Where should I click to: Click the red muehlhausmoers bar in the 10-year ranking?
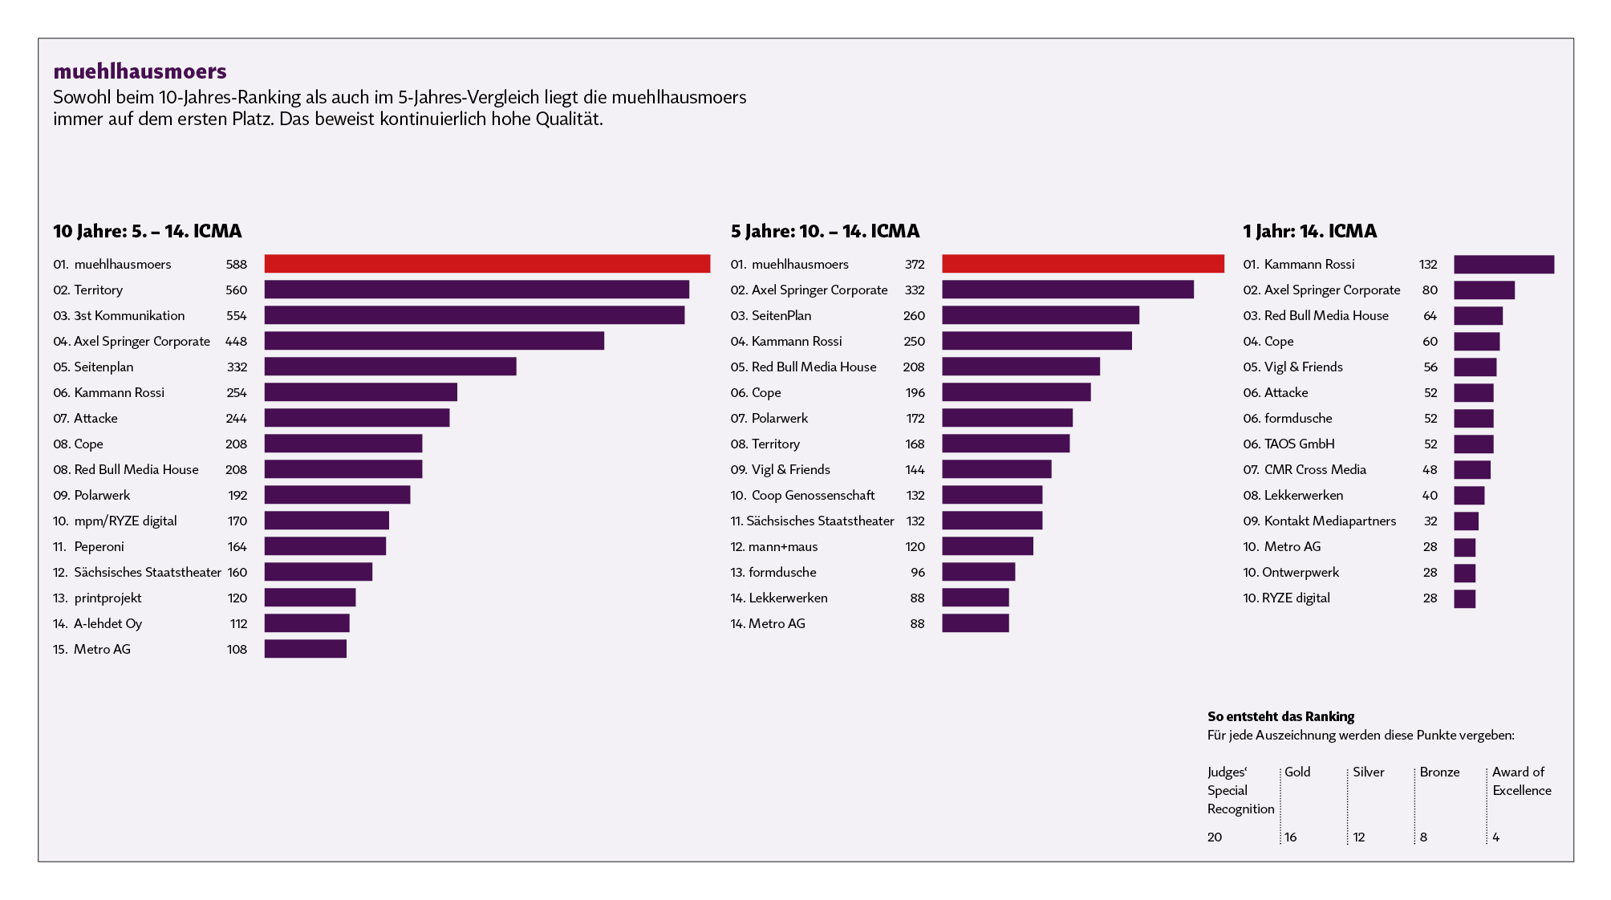pyautogui.click(x=487, y=264)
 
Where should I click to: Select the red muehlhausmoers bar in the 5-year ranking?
pyautogui.click(x=1083, y=264)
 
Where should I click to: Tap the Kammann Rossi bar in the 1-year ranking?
pyautogui.click(x=1503, y=264)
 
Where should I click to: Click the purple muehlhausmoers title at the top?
pyautogui.click(x=140, y=71)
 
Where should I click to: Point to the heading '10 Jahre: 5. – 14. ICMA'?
pyautogui.click(x=148, y=231)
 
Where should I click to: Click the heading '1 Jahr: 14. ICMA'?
pyautogui.click(x=1309, y=231)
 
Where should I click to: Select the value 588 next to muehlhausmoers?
pyautogui.click(x=237, y=264)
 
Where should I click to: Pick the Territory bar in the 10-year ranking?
pyautogui.click(x=477, y=290)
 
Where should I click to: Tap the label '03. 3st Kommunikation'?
pyautogui.click(x=119, y=315)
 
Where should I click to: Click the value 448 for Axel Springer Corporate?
pyautogui.click(x=237, y=341)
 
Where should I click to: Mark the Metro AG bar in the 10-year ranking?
pyautogui.click(x=306, y=649)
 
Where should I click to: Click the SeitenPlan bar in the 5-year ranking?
pyautogui.click(x=1041, y=315)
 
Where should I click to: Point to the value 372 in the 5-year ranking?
pyautogui.click(x=915, y=264)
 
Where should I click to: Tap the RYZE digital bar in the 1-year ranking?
pyautogui.click(x=1465, y=598)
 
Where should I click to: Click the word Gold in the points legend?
pyautogui.click(x=1297, y=772)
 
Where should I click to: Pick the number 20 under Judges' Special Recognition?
pyautogui.click(x=1215, y=837)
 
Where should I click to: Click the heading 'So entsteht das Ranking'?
pyautogui.click(x=1280, y=716)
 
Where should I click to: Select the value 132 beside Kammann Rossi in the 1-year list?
pyautogui.click(x=1428, y=264)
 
